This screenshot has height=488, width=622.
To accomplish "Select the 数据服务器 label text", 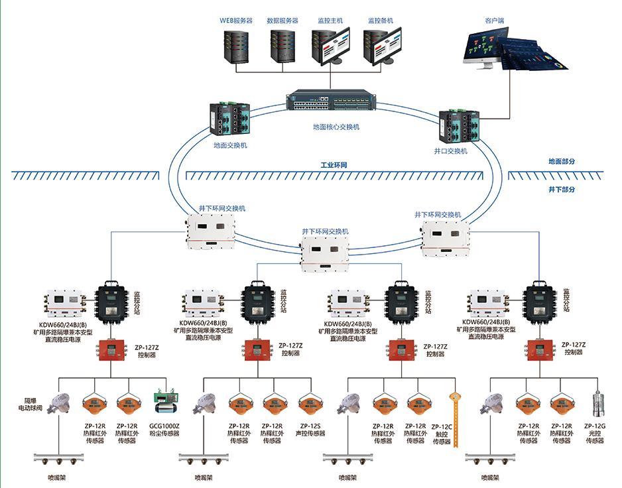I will point(282,21).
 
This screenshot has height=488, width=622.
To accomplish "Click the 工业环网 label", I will point(334,164).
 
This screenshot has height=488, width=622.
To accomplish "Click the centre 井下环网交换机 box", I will point(326,253).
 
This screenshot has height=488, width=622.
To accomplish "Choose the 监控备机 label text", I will point(381,21).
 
